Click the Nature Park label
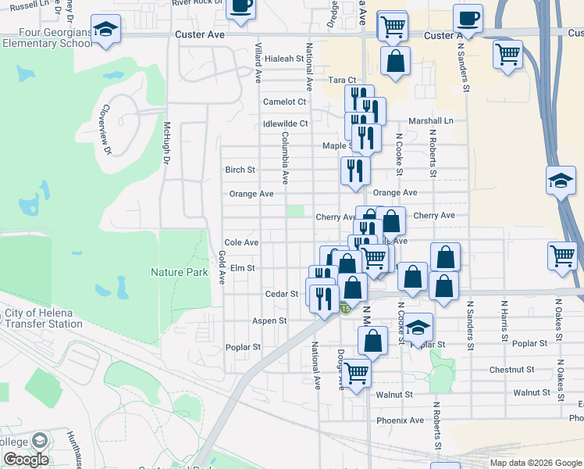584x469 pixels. [180, 272]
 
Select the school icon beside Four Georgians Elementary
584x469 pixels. [105, 30]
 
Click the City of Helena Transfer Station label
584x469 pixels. [44, 318]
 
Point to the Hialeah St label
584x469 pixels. [283, 59]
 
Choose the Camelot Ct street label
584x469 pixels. [285, 102]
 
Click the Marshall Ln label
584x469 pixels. [431, 121]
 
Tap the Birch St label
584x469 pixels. [240, 170]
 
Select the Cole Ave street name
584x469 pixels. [241, 243]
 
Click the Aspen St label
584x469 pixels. [269, 320]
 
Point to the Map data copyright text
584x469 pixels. [535, 463]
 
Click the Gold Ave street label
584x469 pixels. [222, 267]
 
